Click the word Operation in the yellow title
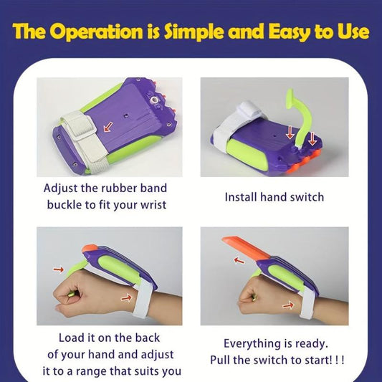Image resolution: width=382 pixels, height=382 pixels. (x=97, y=32)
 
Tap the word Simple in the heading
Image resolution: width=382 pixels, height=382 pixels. (x=194, y=32)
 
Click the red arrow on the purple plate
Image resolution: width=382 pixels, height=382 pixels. (x=108, y=127)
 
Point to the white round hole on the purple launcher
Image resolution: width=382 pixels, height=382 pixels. (x=153, y=100)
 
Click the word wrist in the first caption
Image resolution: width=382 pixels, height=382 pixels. (x=155, y=205)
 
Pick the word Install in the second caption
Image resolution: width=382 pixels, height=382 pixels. (x=241, y=197)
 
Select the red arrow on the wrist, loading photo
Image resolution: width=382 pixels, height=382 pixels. (x=126, y=297)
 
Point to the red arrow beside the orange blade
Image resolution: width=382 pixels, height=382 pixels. (x=239, y=261)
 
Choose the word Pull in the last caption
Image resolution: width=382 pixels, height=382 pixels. (x=220, y=360)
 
